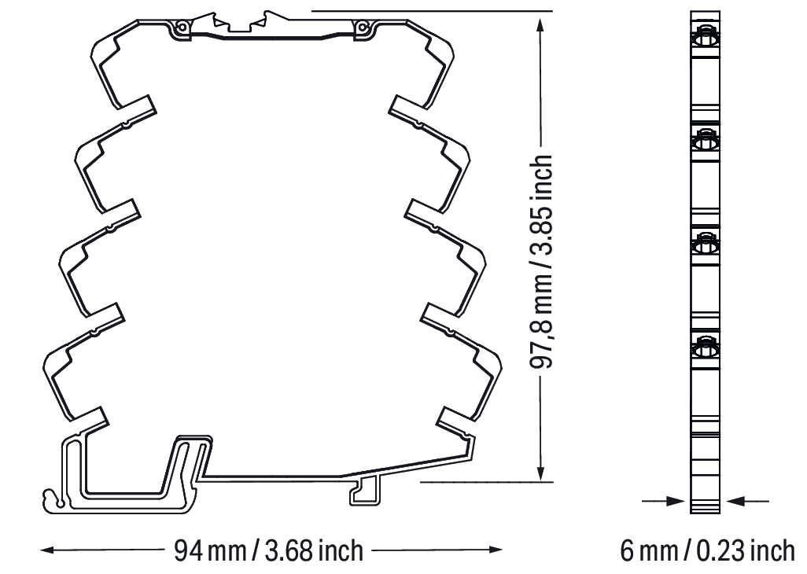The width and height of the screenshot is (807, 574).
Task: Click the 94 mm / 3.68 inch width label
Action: pos(268,551)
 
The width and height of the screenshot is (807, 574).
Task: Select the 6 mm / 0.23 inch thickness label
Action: pos(707,551)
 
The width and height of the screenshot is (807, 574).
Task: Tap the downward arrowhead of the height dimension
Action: pos(540,472)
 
